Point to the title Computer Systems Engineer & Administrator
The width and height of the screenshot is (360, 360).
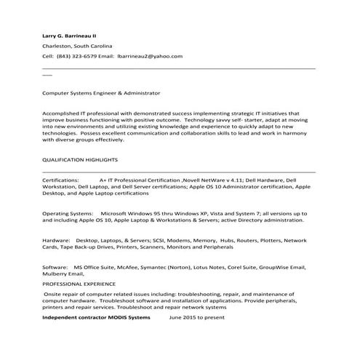(x=101, y=93)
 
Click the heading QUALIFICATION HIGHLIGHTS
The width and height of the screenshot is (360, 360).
(x=80, y=159)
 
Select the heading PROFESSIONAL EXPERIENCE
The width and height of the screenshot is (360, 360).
(x=79, y=284)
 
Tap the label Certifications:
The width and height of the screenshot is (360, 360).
(x=61, y=178)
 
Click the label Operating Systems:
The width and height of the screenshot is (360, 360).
(x=68, y=212)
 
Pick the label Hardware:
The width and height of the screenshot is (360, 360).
(x=56, y=239)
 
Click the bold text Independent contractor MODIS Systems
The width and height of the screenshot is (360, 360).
(x=96, y=318)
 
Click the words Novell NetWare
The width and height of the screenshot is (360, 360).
(x=206, y=178)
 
